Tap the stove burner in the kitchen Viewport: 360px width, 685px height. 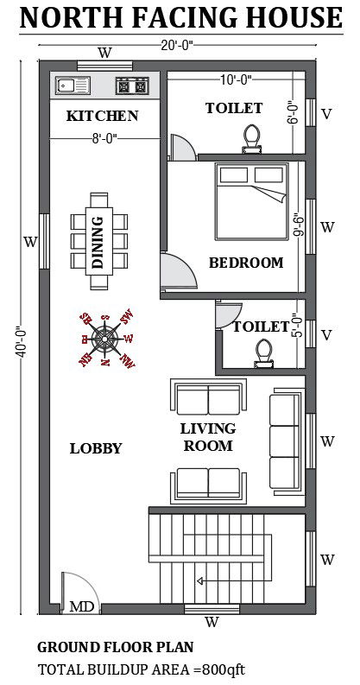[132, 86]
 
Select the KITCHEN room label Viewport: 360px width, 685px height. [103, 116]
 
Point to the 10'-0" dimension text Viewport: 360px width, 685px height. [234, 80]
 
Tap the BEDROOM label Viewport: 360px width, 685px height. [246, 263]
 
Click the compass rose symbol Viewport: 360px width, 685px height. [106, 338]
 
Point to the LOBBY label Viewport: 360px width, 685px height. [95, 448]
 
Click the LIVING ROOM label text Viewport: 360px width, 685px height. [207, 437]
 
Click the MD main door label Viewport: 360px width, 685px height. [81, 606]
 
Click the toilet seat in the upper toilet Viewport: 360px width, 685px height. [253, 138]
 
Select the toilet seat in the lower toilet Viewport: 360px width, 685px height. [262, 351]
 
